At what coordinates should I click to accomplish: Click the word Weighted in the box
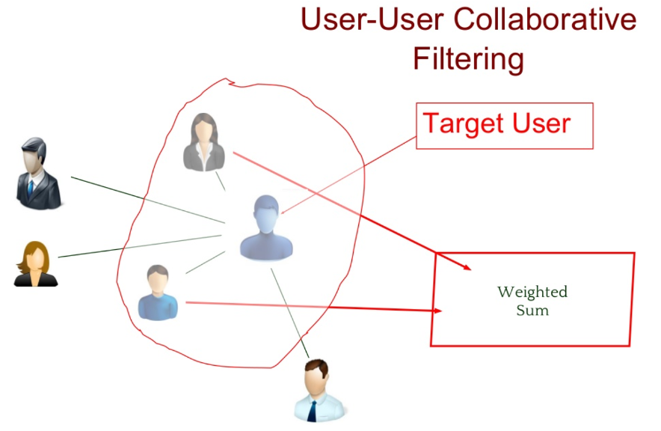(x=532, y=292)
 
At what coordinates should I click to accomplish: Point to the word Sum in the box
(x=532, y=310)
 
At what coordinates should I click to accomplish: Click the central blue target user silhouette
(x=266, y=228)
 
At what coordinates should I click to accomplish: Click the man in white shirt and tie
(x=320, y=390)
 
